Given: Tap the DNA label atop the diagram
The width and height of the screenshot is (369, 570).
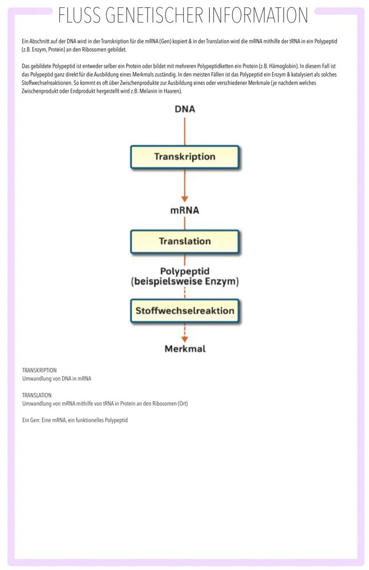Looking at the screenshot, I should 184,109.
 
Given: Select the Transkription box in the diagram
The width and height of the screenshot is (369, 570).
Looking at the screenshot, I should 184,157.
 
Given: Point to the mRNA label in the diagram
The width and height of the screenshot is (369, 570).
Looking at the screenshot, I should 184,211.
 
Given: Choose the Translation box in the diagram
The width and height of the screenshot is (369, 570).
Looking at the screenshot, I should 184,241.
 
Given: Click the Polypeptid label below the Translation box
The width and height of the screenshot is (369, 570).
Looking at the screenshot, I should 184,271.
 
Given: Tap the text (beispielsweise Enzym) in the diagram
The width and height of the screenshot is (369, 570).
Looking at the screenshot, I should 184,281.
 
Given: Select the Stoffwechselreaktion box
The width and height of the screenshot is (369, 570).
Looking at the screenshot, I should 184,311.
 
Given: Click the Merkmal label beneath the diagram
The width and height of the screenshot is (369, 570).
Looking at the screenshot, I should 185,349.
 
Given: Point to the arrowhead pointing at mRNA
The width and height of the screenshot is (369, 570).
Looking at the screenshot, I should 184,199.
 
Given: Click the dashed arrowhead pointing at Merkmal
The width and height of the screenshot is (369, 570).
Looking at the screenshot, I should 184,339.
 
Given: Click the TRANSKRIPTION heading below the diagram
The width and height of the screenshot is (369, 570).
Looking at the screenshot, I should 39,370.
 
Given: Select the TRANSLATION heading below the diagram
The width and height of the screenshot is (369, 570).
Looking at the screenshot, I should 37,395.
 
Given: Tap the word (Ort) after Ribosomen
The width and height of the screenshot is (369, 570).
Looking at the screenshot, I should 182,403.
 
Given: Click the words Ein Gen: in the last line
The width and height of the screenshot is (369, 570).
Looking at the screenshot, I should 31,420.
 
